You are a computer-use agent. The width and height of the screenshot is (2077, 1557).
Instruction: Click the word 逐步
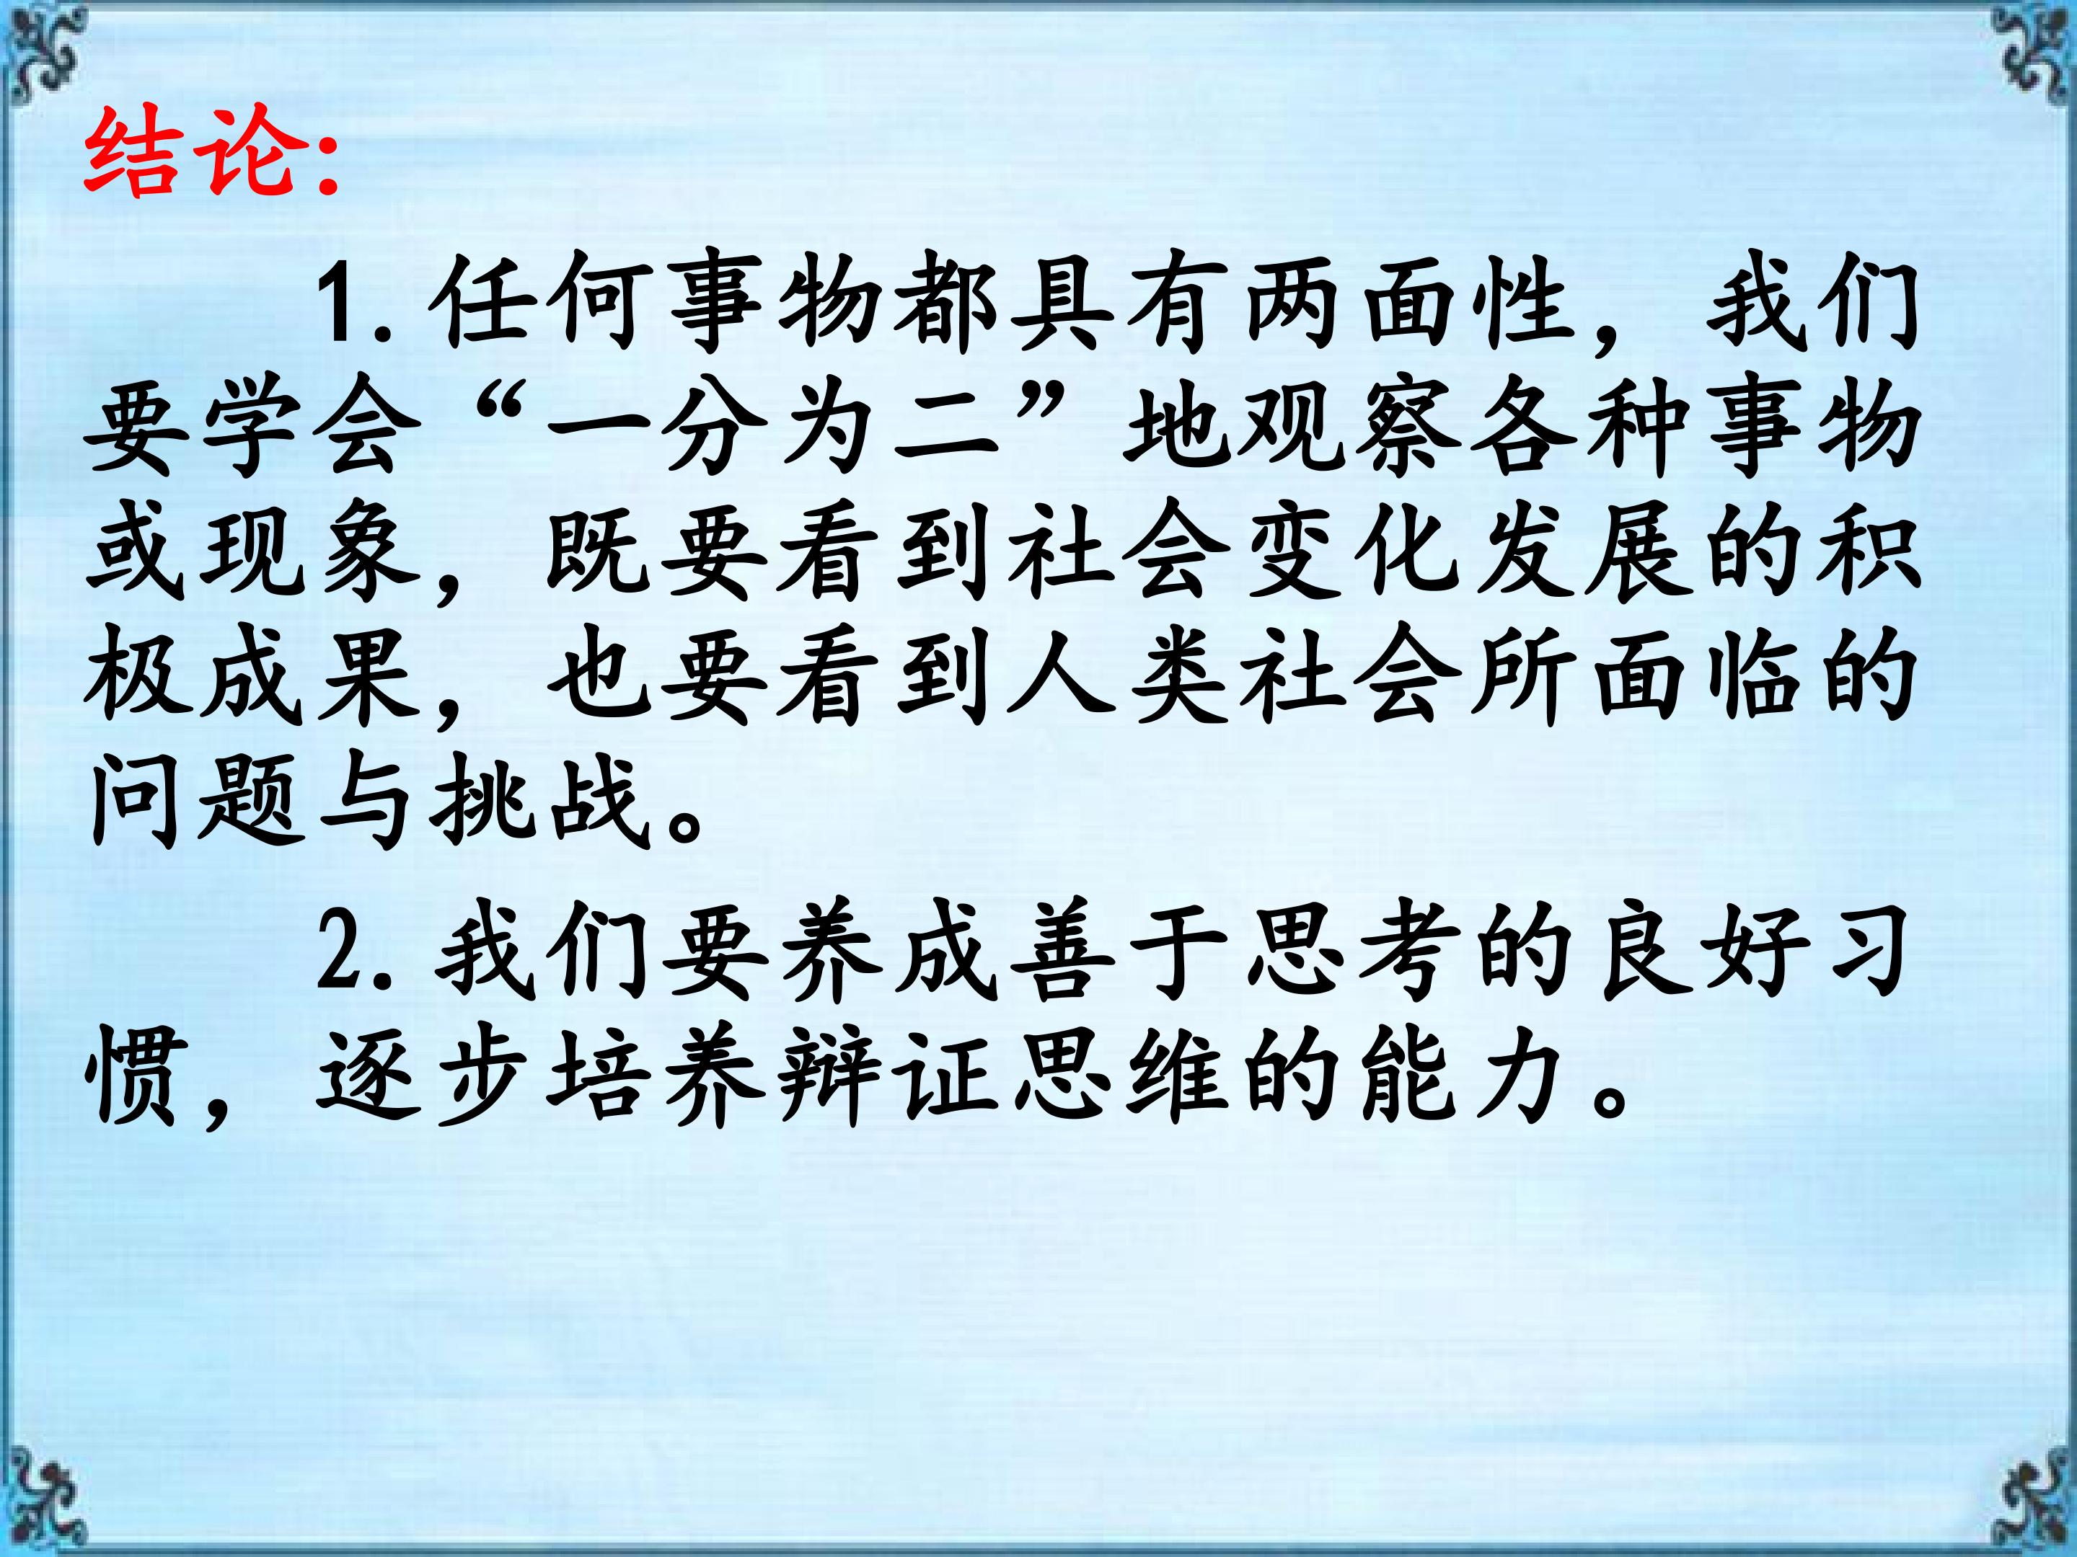point(423,1079)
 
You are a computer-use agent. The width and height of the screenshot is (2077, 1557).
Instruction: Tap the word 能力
point(1465,1079)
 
